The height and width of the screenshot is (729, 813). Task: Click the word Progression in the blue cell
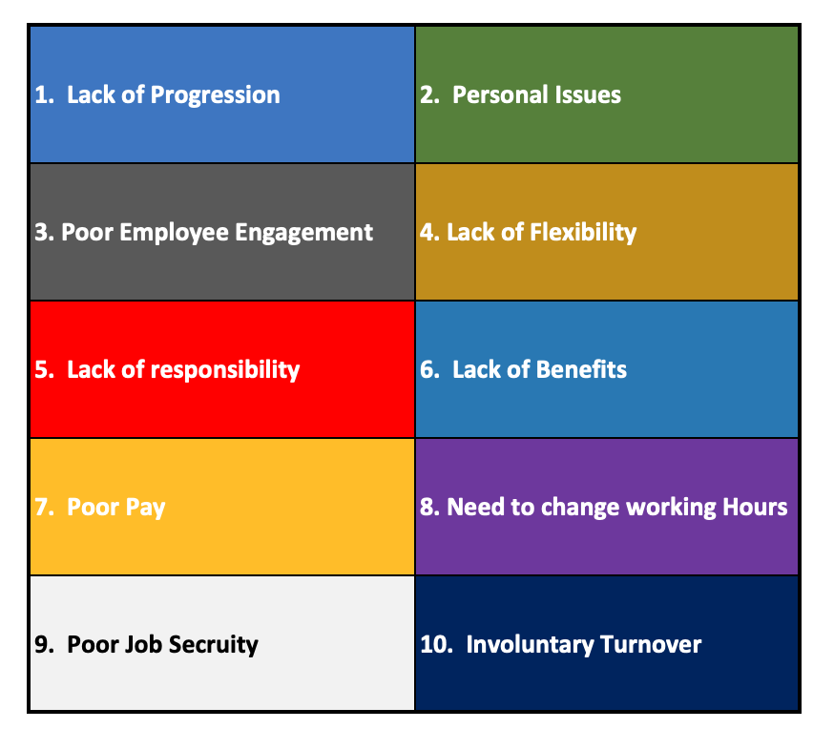pyautogui.click(x=215, y=95)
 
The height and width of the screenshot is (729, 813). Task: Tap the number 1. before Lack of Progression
pyautogui.click(x=45, y=94)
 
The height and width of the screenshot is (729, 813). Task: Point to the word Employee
pyautogui.click(x=174, y=233)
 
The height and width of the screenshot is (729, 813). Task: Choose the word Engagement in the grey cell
pyautogui.click(x=303, y=233)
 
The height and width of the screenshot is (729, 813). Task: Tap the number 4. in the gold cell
pyautogui.click(x=429, y=232)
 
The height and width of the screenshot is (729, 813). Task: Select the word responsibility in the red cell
pyautogui.click(x=225, y=370)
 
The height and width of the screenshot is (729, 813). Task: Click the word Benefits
pyautogui.click(x=582, y=369)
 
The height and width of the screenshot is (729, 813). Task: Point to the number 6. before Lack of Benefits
pyautogui.click(x=429, y=369)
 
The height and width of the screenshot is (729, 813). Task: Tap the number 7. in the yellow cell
pyautogui.click(x=45, y=507)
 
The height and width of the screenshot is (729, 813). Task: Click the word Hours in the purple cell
pyautogui.click(x=755, y=507)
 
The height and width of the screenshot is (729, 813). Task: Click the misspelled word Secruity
pyautogui.click(x=213, y=645)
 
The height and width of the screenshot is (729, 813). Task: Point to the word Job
pyautogui.click(x=144, y=644)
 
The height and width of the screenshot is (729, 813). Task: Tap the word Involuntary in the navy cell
pyautogui.click(x=530, y=645)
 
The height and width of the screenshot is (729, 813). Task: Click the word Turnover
pyautogui.click(x=651, y=644)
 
